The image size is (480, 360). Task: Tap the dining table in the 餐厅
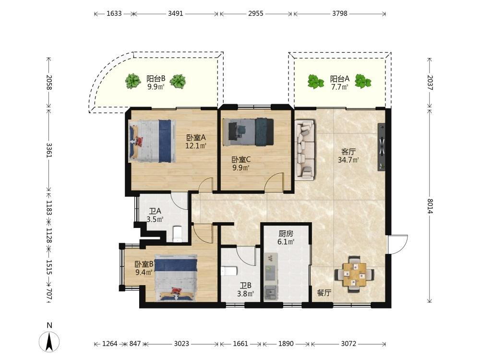click(x=355, y=274)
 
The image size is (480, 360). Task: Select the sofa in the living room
click(x=305, y=150)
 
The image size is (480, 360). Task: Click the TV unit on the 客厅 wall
click(x=381, y=146)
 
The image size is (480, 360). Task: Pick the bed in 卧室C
click(x=248, y=132)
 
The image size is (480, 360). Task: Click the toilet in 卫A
click(x=177, y=233)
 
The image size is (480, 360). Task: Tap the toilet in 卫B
click(x=228, y=271)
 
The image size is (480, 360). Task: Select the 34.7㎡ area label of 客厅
click(x=348, y=160)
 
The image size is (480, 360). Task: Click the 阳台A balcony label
click(x=339, y=79)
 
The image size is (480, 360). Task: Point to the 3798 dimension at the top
click(x=339, y=13)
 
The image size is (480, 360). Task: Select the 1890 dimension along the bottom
click(x=286, y=344)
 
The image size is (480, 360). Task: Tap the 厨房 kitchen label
click(x=286, y=234)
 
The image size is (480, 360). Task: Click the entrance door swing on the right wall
click(x=397, y=244)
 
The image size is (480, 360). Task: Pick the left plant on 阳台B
click(x=133, y=81)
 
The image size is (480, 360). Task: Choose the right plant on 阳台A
click(x=363, y=81)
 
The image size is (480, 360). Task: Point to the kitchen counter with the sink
click(x=271, y=276)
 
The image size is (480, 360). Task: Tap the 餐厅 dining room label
click(x=324, y=293)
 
